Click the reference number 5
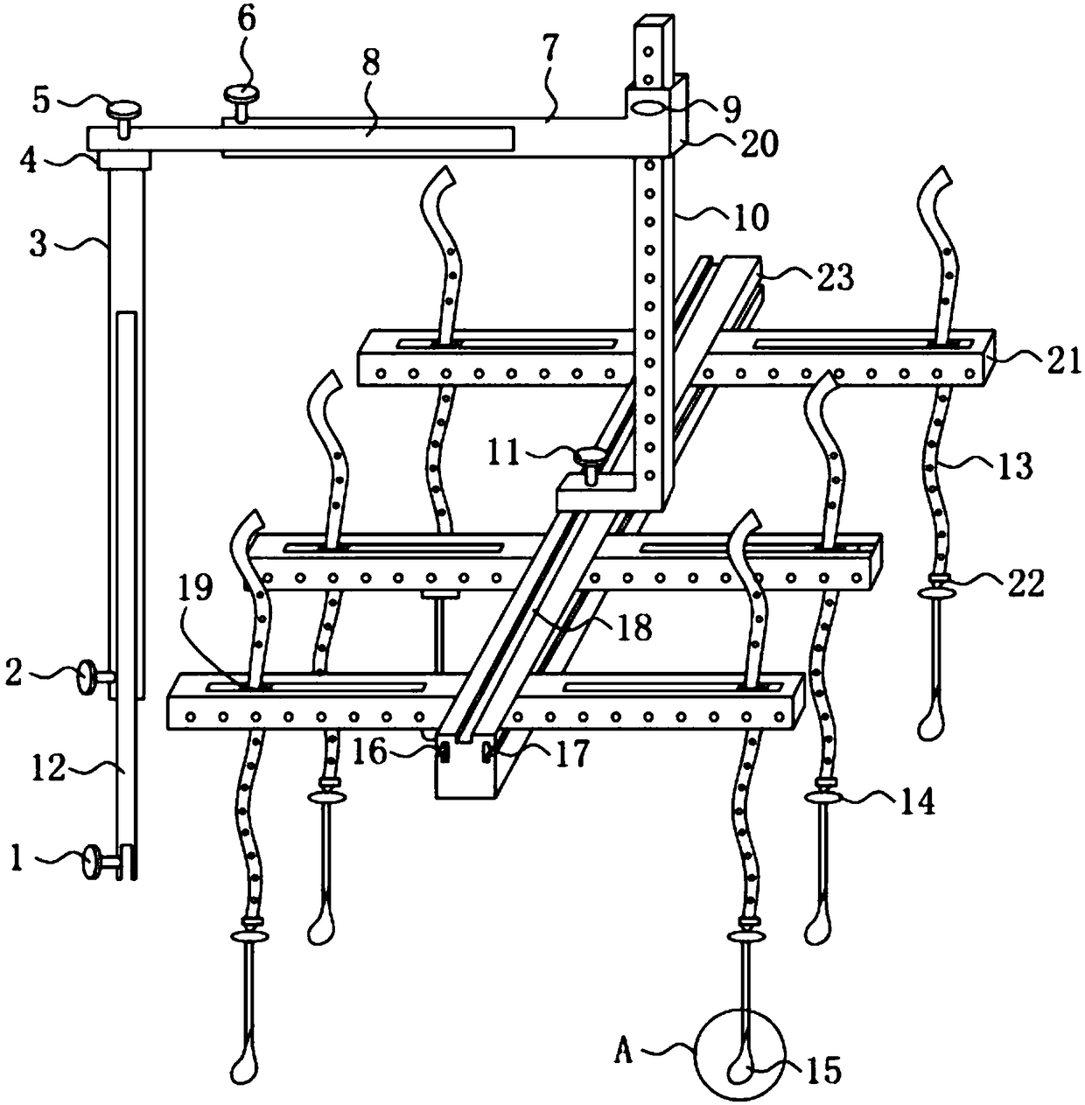coord(41,101)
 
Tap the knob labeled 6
coord(241,94)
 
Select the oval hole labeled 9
coord(648,106)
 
